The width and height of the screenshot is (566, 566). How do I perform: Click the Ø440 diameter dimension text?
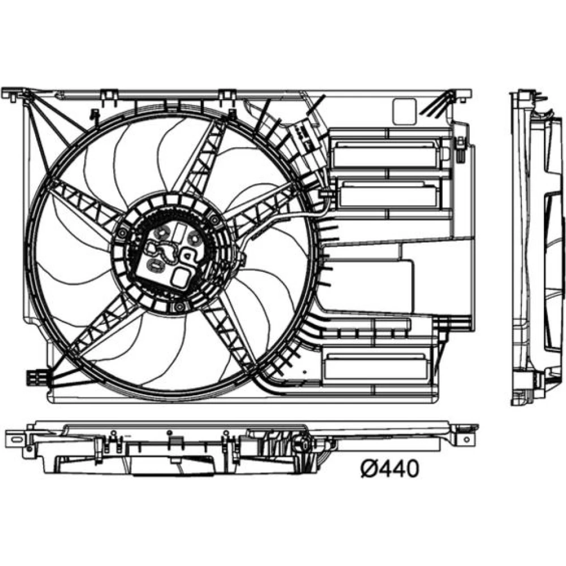pos(390,469)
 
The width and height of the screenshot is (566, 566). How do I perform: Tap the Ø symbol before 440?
pos(369,469)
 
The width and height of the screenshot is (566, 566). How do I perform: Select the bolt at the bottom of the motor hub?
pos(179,307)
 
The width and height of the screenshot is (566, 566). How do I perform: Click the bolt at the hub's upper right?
pos(215,220)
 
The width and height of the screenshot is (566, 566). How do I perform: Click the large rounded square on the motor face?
pos(181,277)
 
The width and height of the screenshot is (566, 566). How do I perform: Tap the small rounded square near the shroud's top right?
pos(404,112)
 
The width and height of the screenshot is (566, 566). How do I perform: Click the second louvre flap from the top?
pos(389,195)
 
